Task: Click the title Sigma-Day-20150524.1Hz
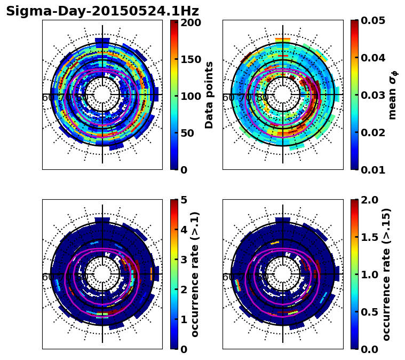102,11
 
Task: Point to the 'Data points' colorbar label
209,95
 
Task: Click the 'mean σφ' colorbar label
392,95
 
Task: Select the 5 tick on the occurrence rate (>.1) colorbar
184,200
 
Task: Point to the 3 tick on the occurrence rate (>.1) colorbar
184,260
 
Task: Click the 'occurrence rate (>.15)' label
386,275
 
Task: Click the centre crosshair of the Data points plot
102,95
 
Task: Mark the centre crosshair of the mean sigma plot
283,95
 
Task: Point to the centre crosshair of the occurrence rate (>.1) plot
102,274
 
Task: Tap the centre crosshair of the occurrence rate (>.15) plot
283,274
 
